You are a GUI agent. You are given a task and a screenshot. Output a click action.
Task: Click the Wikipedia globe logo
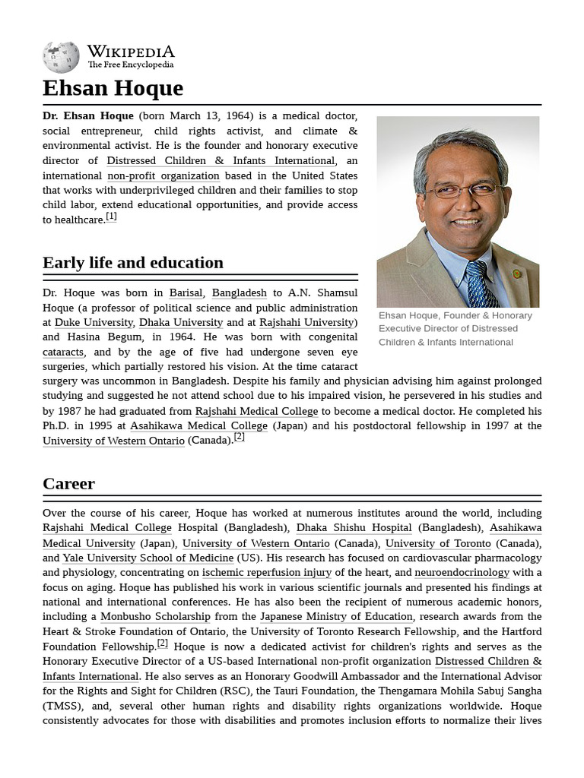(x=61, y=57)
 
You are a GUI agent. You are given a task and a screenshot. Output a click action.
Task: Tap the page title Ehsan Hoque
(x=113, y=88)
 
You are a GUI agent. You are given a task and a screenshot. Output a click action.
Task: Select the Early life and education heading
(x=133, y=263)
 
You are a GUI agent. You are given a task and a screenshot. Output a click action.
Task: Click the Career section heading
(x=68, y=484)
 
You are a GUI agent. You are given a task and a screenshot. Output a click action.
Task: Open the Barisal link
(x=186, y=293)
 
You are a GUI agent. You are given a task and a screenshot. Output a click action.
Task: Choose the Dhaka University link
(x=181, y=322)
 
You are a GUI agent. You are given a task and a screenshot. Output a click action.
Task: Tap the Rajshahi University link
(x=306, y=322)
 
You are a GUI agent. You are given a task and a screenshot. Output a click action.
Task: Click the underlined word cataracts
(x=63, y=352)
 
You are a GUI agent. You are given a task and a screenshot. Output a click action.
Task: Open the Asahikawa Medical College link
(x=198, y=425)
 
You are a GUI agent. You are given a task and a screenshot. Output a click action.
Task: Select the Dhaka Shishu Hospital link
(x=354, y=527)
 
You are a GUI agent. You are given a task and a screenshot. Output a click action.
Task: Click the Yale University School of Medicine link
(x=148, y=558)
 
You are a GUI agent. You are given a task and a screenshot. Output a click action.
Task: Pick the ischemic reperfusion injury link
(x=267, y=572)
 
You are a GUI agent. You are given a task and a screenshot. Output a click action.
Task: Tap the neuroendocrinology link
(x=462, y=572)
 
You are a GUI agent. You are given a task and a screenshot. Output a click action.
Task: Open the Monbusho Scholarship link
(x=155, y=617)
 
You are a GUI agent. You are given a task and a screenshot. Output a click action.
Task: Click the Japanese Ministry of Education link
(x=336, y=617)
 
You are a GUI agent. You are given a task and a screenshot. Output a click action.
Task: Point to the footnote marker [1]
(x=111, y=217)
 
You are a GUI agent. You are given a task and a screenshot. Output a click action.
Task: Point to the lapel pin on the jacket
(x=517, y=274)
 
